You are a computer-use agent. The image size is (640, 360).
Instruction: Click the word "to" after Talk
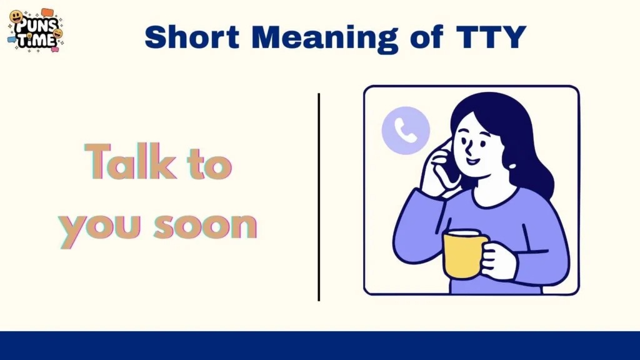click(209, 164)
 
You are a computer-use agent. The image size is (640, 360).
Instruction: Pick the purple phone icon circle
click(406, 129)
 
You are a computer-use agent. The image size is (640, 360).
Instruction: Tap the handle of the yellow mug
click(485, 254)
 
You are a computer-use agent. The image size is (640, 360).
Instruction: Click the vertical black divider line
click(319, 196)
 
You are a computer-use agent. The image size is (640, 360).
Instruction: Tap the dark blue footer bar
click(320, 345)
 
